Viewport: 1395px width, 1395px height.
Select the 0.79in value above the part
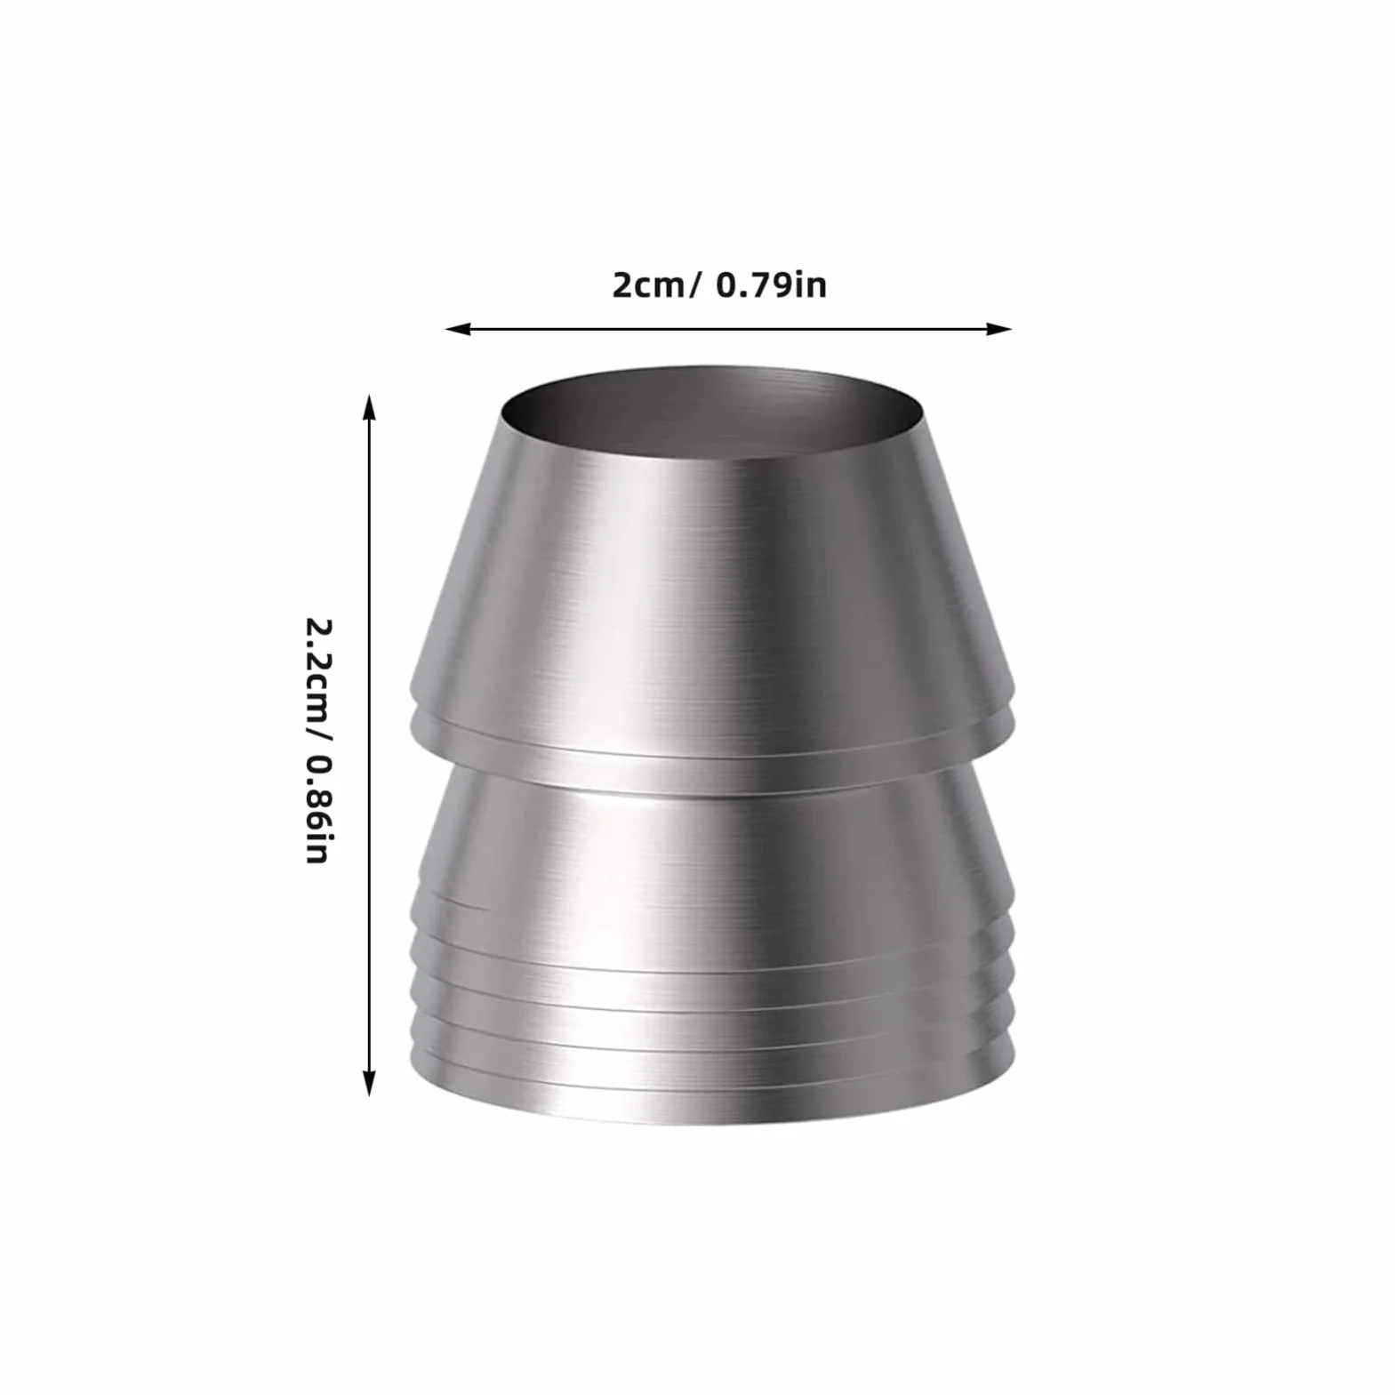click(771, 285)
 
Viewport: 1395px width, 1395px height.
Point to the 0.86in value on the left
click(317, 810)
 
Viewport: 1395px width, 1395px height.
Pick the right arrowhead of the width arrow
click(1000, 329)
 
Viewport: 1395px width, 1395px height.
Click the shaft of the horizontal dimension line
click(729, 329)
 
